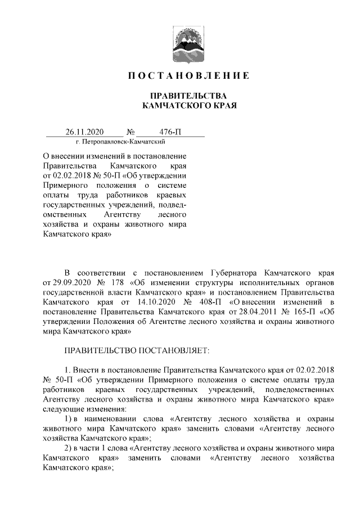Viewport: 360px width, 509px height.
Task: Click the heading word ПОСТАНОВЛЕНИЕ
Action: click(x=189, y=75)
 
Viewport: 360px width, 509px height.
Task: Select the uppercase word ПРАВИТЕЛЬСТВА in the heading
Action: click(x=189, y=95)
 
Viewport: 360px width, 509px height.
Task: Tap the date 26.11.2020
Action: click(x=84, y=132)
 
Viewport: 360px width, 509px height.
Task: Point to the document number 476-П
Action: click(x=170, y=132)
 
